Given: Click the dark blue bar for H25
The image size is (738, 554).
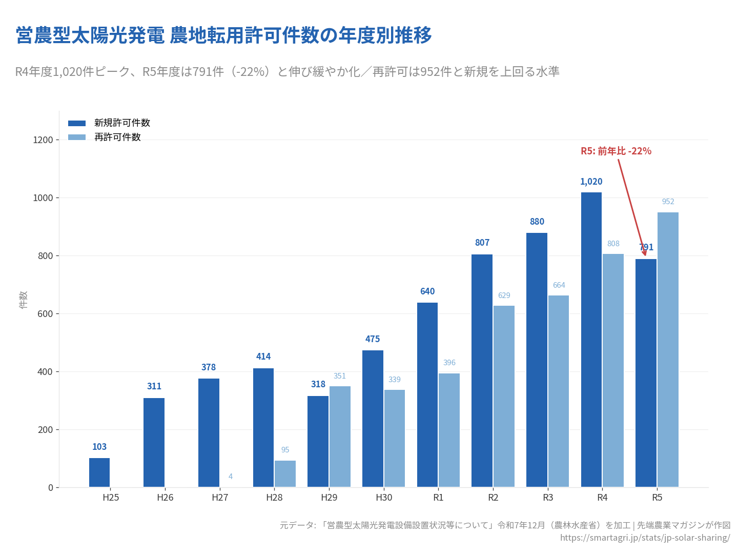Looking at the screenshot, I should click(x=99, y=472).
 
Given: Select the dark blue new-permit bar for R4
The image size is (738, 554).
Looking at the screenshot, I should click(x=591, y=340).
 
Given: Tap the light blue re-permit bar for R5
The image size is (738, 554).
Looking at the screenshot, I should click(x=668, y=349).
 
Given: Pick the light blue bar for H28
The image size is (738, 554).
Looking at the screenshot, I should click(x=285, y=473).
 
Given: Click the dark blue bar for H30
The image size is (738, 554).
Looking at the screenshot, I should click(x=373, y=419).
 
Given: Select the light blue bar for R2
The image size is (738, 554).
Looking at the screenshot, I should click(x=504, y=396).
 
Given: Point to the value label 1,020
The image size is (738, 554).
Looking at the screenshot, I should click(x=591, y=182).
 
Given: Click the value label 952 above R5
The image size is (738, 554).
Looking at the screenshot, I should click(x=668, y=202).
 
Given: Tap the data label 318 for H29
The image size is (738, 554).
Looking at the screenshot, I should click(x=318, y=384).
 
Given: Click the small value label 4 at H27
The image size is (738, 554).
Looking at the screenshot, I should click(x=231, y=477).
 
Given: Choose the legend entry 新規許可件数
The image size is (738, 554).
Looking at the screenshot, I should click(x=122, y=123).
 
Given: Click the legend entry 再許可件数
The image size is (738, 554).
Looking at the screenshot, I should click(x=117, y=137).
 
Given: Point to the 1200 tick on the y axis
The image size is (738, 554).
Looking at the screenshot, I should click(x=43, y=140).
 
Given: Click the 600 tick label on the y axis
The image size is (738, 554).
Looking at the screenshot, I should click(x=45, y=314).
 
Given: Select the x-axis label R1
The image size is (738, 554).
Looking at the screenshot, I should click(x=438, y=498).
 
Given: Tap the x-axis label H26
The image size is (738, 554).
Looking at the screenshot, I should click(x=165, y=498).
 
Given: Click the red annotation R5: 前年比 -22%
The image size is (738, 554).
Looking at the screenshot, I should click(x=616, y=151).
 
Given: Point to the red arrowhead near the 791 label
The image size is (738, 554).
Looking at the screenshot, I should click(x=644, y=252).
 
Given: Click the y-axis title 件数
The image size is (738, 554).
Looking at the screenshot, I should click(x=23, y=300).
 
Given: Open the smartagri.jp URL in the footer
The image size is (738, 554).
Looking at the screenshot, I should click(x=645, y=538).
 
